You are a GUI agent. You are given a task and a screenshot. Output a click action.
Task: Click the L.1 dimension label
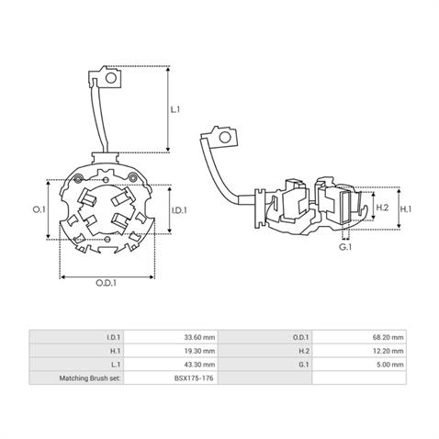(175, 109)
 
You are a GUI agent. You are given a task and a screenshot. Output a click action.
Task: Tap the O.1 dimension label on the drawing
(39, 210)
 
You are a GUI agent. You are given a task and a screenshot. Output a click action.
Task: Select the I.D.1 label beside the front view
(180, 210)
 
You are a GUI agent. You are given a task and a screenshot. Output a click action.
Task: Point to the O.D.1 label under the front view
(107, 284)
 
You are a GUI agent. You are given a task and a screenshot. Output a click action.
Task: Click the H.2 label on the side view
(384, 208)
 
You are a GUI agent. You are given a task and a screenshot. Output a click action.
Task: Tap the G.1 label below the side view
(345, 248)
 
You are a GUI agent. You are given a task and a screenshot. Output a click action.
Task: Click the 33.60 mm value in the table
(200, 337)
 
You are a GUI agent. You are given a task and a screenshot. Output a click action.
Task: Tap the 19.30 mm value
(200, 350)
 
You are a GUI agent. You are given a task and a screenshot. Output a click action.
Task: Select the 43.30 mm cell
(200, 364)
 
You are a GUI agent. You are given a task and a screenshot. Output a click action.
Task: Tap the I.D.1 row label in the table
(114, 337)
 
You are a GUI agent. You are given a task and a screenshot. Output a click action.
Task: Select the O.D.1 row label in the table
(303, 337)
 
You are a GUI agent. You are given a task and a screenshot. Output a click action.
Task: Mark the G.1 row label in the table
(306, 364)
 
